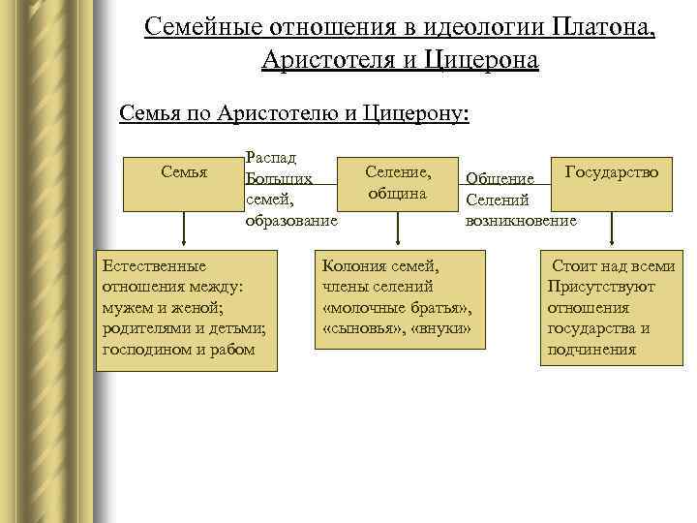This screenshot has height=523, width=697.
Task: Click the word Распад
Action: (x=271, y=156)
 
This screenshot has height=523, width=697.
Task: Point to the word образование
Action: (x=291, y=221)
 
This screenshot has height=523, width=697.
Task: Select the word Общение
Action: (x=500, y=179)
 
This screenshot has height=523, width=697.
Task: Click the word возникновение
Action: (x=521, y=221)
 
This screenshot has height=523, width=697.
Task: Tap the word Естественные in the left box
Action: (x=154, y=264)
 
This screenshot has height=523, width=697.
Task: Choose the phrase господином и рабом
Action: (x=179, y=350)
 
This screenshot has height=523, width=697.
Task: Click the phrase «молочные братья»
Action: (x=397, y=307)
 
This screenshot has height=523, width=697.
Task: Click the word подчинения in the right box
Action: (x=591, y=350)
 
